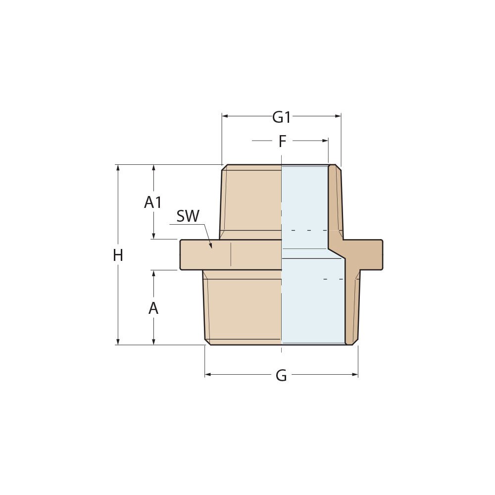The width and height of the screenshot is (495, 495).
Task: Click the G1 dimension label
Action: coord(281,117)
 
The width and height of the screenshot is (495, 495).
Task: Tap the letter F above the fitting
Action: coord(282,142)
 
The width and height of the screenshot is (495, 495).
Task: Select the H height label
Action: coord(118,255)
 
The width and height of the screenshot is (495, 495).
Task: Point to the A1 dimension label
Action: coord(153,202)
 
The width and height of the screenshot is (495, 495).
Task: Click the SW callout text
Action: coord(188,216)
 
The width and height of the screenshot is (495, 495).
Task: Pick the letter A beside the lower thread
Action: coord(153,308)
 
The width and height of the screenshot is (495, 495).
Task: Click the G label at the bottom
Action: coord(281,376)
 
